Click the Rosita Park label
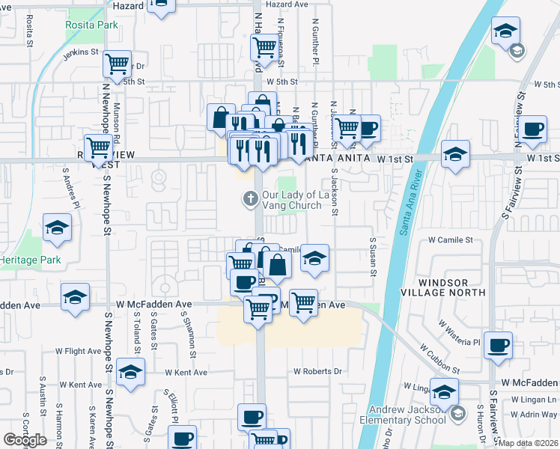point(91,25)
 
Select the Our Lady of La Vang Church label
point(293,200)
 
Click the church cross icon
point(249,199)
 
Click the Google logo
point(25,440)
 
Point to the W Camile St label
point(451,240)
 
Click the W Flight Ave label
point(78,349)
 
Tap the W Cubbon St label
point(439,358)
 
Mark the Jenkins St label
point(81,52)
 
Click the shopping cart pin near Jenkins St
point(118,65)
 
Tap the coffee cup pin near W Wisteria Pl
point(498,346)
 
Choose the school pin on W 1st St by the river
point(455,154)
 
